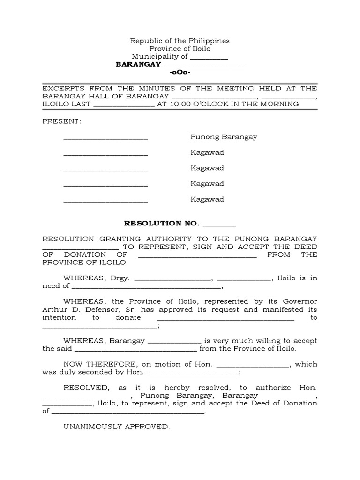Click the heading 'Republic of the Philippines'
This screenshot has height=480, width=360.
click(180, 41)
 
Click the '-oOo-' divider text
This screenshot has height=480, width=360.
click(180, 72)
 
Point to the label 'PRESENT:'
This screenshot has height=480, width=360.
click(62, 121)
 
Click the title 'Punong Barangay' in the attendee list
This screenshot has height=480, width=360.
click(224, 137)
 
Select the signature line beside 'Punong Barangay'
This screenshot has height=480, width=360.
click(105, 139)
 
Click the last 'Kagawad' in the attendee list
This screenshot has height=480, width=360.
click(207, 199)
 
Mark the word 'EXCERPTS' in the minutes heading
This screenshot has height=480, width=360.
click(60, 88)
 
